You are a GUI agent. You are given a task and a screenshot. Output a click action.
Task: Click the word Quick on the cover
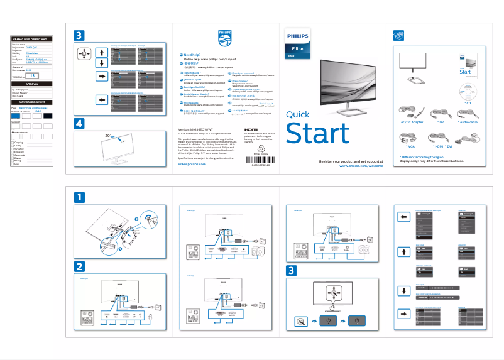tap(297, 114)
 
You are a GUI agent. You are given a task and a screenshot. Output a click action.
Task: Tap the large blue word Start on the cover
tap(317, 134)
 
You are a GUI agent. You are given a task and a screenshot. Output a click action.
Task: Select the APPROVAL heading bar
tap(31, 84)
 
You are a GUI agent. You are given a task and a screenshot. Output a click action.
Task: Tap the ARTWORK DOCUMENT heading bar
tap(31, 101)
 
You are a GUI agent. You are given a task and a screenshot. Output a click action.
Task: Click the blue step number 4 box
tap(78, 124)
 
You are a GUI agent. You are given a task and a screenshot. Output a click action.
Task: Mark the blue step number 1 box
tap(78, 198)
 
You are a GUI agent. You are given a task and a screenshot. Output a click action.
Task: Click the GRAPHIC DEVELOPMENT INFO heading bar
tap(31, 39)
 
